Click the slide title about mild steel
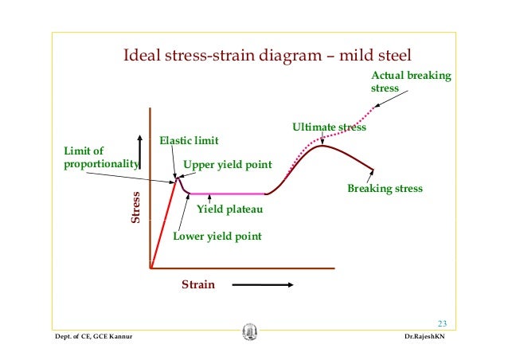point(267,57)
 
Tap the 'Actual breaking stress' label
point(410,82)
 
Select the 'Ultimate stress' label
point(329,127)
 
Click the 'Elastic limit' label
point(189,140)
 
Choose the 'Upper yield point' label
point(228,165)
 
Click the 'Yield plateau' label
point(229,210)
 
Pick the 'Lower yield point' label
point(217,237)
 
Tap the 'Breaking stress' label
point(385,189)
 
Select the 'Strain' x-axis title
point(198,284)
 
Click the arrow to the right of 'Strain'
point(262,284)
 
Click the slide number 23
point(443,323)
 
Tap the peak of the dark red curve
point(322,146)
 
